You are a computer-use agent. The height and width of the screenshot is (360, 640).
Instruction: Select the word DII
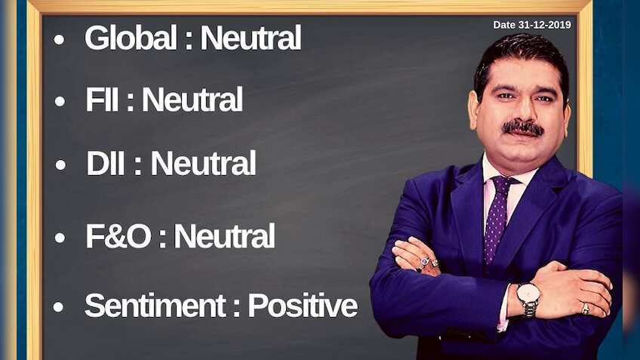pyautogui.click(x=106, y=163)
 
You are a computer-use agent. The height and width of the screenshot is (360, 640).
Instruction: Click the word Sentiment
pyautogui.click(x=154, y=306)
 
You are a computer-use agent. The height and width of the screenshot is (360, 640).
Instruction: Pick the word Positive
pyautogui.click(x=303, y=306)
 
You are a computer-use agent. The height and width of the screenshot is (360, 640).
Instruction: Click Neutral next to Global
pyautogui.click(x=251, y=38)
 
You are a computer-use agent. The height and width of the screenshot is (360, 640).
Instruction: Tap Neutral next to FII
pyautogui.click(x=192, y=100)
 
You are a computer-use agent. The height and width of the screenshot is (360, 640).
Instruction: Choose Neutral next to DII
pyautogui.click(x=202, y=163)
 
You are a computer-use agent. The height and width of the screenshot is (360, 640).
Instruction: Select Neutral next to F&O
pyautogui.click(x=224, y=237)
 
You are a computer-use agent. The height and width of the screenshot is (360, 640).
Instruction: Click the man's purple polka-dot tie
pyautogui.click(x=497, y=219)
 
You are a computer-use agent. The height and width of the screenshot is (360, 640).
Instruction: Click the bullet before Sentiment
pyautogui.click(x=59, y=307)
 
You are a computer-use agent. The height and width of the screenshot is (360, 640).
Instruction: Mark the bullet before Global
pyautogui.click(x=60, y=40)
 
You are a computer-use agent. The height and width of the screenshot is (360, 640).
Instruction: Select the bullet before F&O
pyautogui.click(x=60, y=238)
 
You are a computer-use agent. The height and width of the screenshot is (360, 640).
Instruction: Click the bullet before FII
pyautogui.click(x=60, y=102)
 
